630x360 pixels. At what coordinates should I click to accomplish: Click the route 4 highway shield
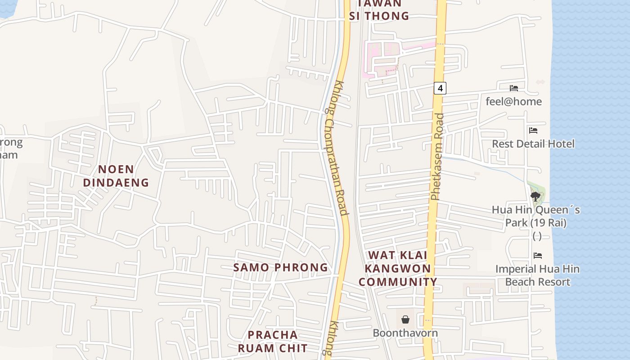point(440,88)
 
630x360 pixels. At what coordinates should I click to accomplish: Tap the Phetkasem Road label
point(437,157)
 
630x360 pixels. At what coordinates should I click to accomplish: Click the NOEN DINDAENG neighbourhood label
point(116,176)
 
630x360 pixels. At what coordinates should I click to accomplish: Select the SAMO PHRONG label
point(281,267)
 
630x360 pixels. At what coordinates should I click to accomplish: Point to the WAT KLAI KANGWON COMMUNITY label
point(398,269)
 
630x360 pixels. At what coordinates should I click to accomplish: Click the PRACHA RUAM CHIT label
point(273,342)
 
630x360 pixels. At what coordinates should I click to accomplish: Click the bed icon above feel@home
point(514,88)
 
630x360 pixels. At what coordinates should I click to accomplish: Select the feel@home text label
point(514,102)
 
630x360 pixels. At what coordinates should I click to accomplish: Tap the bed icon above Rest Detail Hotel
point(533,130)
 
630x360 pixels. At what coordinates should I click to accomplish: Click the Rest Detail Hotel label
point(533,144)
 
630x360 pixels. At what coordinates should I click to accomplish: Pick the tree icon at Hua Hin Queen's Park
point(535,196)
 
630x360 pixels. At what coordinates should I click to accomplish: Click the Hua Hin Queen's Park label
point(536,216)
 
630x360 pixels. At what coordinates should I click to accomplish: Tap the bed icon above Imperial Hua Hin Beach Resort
point(538,256)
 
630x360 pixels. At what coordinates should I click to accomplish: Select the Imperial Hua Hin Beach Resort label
point(538,275)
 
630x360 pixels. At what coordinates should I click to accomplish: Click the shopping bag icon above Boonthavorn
point(405,319)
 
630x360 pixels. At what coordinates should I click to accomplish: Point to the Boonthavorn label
point(405,333)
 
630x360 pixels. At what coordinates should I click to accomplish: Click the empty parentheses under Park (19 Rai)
point(537,236)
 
